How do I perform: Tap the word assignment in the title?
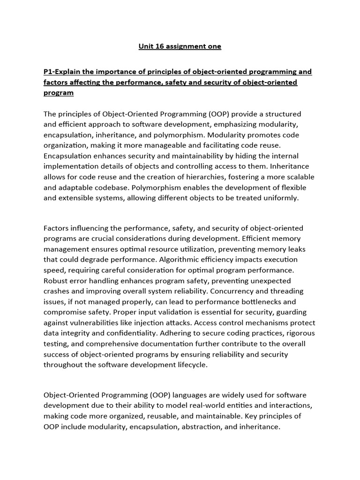tap(187, 46)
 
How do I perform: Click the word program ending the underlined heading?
tap(59, 93)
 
